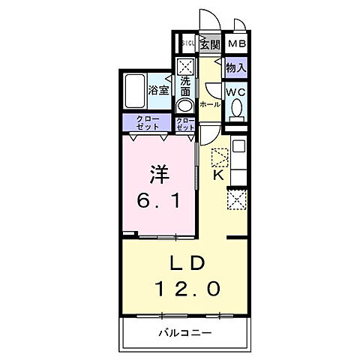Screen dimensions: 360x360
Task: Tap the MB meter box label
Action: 235,43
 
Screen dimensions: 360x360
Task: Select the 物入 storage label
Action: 235,68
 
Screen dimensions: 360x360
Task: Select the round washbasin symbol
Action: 184,105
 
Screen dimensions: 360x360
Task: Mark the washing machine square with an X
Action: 185,66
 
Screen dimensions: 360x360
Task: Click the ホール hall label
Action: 209,104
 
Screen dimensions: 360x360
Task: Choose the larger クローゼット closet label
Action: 147,123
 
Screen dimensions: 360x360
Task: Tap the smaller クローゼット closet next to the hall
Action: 184,123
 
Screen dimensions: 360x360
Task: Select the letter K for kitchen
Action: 218,175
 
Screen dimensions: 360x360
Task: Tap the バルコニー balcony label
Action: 184,332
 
